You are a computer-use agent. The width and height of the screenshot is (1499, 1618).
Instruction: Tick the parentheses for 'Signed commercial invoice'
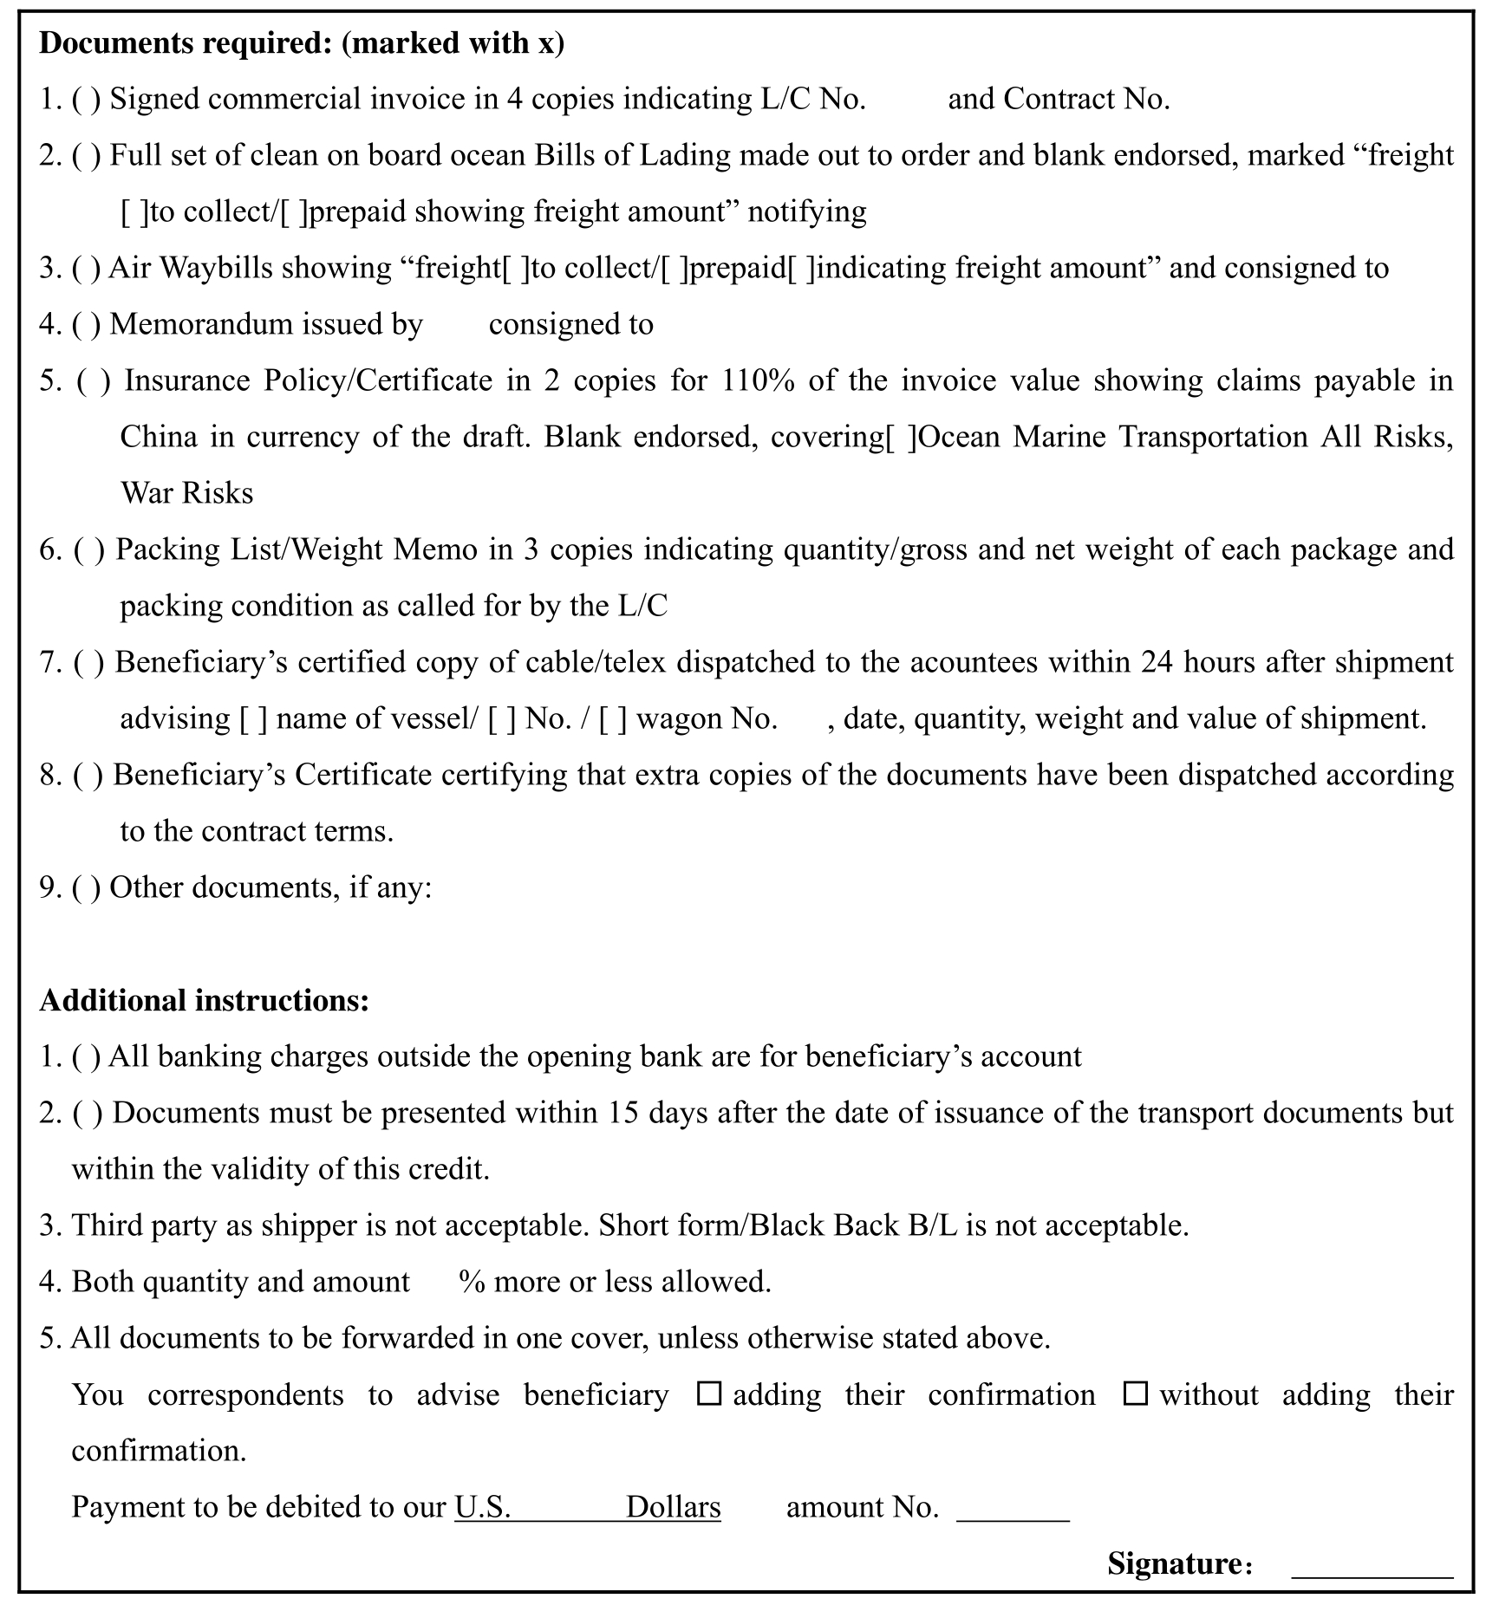coord(86,100)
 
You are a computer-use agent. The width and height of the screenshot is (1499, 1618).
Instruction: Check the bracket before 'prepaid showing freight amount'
coord(294,212)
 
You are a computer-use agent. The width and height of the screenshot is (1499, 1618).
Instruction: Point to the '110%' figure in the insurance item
coord(758,380)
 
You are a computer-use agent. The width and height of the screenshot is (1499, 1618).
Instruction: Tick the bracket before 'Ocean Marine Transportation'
coord(900,437)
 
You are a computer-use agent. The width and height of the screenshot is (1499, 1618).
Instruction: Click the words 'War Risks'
coord(187,493)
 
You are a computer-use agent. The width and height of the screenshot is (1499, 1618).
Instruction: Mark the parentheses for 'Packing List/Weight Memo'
coord(89,549)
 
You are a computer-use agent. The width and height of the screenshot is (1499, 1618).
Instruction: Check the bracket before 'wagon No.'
coord(613,718)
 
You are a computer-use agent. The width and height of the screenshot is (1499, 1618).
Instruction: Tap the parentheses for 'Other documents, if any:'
coord(86,887)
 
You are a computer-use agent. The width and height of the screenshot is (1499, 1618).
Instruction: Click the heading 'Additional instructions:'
coord(205,1000)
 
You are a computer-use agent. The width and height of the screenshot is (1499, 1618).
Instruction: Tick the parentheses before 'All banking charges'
coord(86,1056)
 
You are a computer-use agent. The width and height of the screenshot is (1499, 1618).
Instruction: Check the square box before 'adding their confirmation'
coord(709,1394)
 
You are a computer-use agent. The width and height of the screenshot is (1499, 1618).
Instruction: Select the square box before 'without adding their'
coord(1135,1394)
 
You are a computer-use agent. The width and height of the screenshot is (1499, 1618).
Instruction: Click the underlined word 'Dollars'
coord(673,1507)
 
